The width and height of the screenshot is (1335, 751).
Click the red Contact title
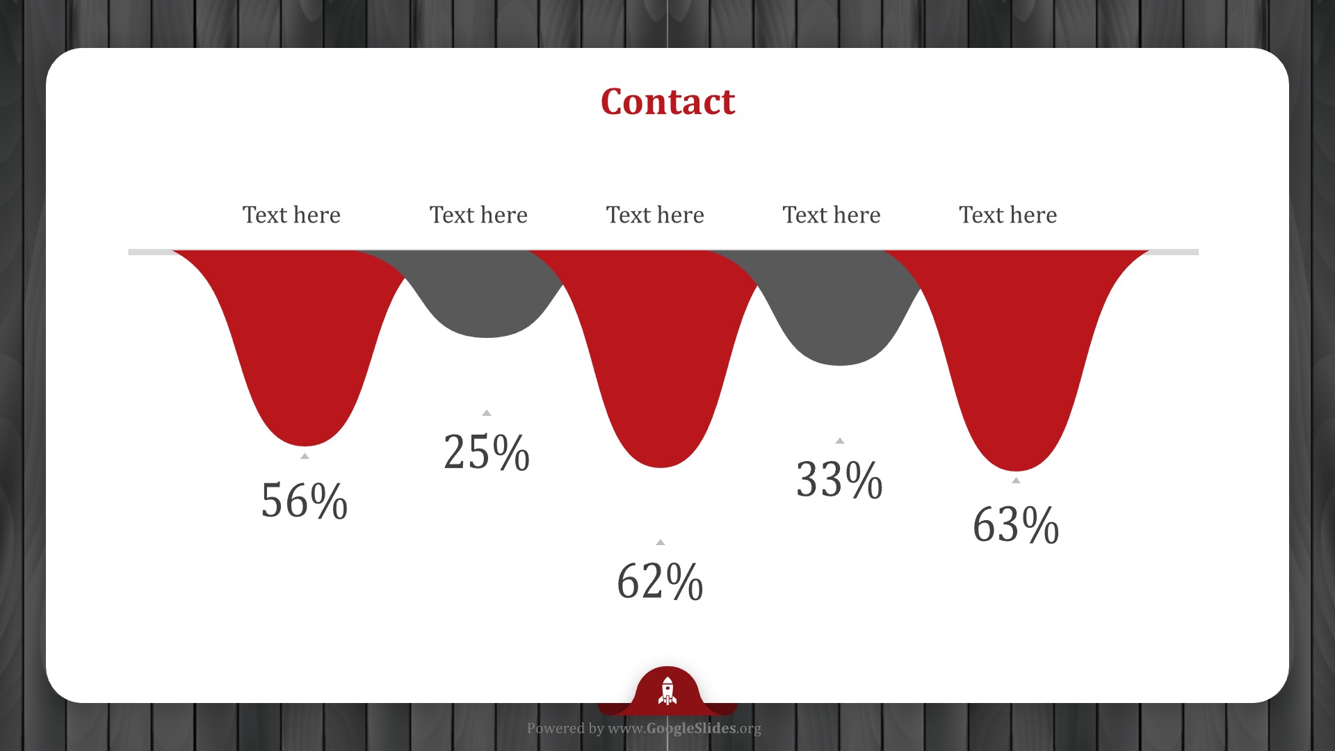tap(667, 102)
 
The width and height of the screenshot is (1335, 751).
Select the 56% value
tap(304, 501)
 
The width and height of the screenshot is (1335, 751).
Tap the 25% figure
tap(487, 452)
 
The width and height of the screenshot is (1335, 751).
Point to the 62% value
tap(660, 581)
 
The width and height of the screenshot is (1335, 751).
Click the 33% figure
tap(839, 479)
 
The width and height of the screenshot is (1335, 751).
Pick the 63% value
tap(1016, 524)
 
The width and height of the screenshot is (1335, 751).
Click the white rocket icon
tap(667, 691)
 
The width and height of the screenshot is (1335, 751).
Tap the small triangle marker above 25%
tap(487, 413)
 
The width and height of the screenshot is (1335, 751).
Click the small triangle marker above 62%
tap(661, 542)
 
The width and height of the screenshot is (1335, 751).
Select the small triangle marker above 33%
tap(840, 441)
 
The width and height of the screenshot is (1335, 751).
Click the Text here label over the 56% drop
tap(291, 215)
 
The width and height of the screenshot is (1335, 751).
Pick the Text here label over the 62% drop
tap(655, 215)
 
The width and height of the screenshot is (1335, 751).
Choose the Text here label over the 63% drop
tap(1008, 215)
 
